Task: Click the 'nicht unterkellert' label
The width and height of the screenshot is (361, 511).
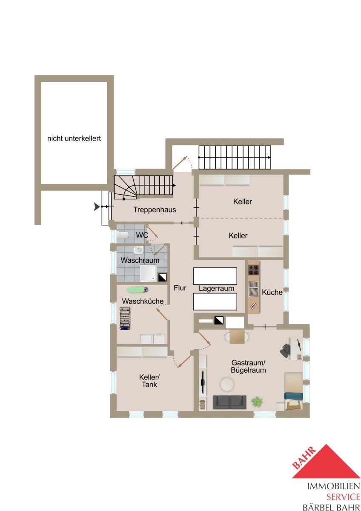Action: [x=74, y=138]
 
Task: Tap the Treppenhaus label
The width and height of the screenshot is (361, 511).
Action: [x=155, y=210]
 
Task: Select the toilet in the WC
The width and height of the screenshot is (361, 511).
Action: [x=123, y=235]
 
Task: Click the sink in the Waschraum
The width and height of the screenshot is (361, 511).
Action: [x=138, y=250]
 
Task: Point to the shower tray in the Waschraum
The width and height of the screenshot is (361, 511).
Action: [x=148, y=273]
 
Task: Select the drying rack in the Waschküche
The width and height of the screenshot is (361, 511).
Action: [x=125, y=319]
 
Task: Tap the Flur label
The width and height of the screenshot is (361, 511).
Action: [x=180, y=288]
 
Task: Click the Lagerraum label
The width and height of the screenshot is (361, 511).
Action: [x=216, y=288]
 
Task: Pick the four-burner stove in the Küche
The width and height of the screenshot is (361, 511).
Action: [x=254, y=270]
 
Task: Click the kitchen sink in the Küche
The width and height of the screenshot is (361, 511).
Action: [x=253, y=289]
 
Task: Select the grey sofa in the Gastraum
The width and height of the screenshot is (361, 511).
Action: [x=229, y=402]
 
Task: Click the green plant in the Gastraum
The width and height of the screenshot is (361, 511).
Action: [x=257, y=402]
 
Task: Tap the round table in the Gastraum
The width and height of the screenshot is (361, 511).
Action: [x=227, y=385]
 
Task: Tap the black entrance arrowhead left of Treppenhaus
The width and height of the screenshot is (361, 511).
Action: [x=97, y=207]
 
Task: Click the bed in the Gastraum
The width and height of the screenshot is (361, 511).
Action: [x=294, y=391]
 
